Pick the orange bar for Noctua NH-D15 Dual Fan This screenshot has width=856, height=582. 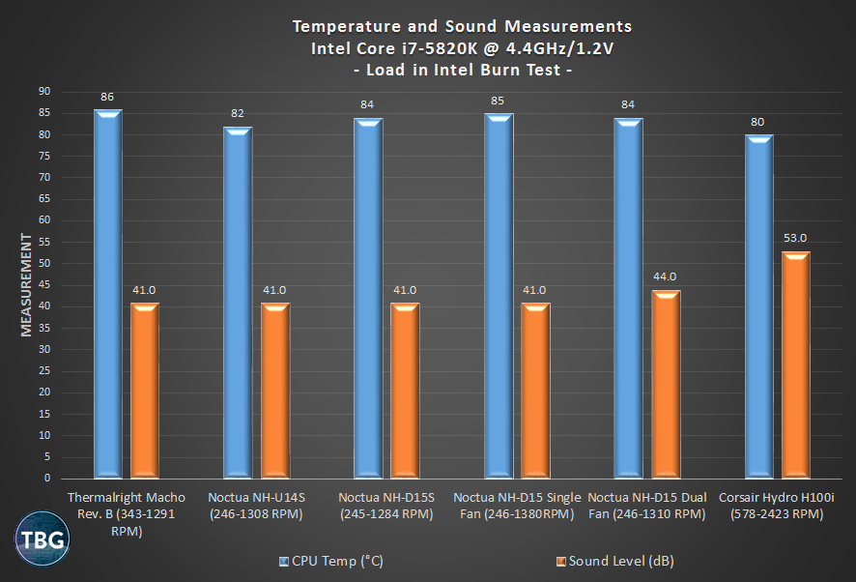tap(665, 384)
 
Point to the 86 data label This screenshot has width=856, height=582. tap(107, 97)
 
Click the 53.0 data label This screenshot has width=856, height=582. tap(795, 239)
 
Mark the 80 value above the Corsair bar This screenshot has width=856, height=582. tap(758, 123)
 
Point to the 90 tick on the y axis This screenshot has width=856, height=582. tap(44, 92)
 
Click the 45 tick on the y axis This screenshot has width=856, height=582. tap(44, 285)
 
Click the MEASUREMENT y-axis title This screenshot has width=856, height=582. tap(27, 283)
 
